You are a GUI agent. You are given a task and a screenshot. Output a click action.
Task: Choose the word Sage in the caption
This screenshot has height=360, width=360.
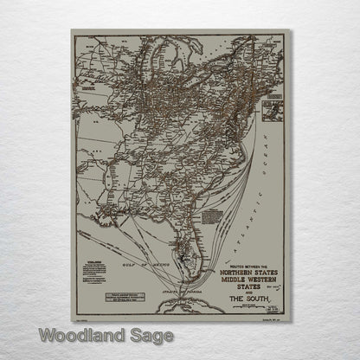tap(148, 335)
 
